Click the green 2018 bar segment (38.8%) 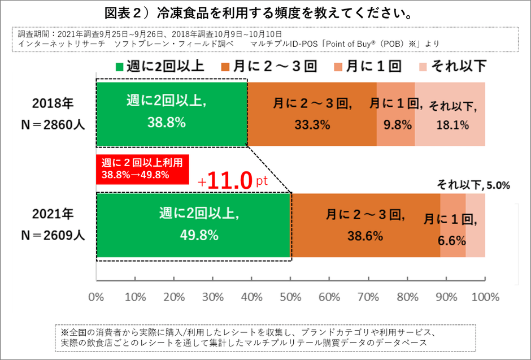tap(172, 114)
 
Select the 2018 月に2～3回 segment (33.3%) tap(312, 114)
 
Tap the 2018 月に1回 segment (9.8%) tap(395, 114)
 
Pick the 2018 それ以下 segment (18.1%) tap(450, 114)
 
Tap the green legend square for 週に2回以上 tap(119, 66)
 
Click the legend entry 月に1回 tap(367, 66)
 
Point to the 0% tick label tap(97, 297)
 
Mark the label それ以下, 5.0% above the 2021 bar tap(473, 184)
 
